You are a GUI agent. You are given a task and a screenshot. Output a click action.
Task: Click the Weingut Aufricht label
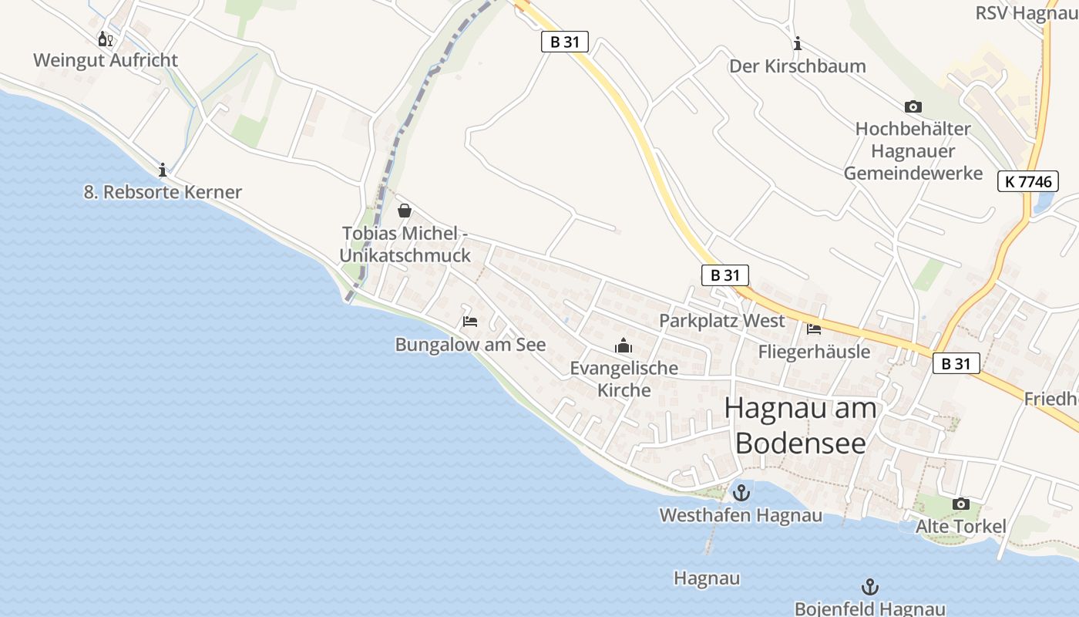(x=106, y=60)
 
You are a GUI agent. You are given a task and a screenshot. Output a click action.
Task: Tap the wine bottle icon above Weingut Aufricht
(x=106, y=39)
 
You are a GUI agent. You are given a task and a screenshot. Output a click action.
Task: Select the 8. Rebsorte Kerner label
(x=163, y=192)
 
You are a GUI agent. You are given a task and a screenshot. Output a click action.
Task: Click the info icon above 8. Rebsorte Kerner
(x=163, y=170)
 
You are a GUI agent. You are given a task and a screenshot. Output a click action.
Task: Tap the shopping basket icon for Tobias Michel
(x=405, y=211)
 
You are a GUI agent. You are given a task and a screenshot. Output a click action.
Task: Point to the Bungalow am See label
(x=470, y=345)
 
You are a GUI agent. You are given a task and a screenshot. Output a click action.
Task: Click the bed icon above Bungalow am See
(x=470, y=322)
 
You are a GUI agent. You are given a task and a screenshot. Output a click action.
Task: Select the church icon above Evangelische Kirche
(x=624, y=346)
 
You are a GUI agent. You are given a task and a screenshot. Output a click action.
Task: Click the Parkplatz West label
(x=721, y=321)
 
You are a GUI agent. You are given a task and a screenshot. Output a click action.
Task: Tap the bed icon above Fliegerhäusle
(x=814, y=329)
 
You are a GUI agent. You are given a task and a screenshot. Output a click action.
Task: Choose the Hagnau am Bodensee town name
(x=801, y=425)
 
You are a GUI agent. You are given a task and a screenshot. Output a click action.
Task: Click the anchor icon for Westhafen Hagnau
(x=741, y=492)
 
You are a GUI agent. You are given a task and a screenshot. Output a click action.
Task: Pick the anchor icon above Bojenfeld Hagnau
(x=870, y=587)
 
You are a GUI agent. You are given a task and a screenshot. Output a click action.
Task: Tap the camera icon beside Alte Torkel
(x=961, y=504)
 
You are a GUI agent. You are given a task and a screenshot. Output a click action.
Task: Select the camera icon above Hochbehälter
(x=913, y=107)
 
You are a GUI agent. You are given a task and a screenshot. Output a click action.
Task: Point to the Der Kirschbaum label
(x=798, y=66)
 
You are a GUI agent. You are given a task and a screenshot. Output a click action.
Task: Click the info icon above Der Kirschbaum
(x=798, y=43)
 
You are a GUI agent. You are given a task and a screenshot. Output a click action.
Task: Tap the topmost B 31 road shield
(x=564, y=42)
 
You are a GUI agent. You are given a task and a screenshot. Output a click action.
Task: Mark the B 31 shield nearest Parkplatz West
(x=724, y=275)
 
